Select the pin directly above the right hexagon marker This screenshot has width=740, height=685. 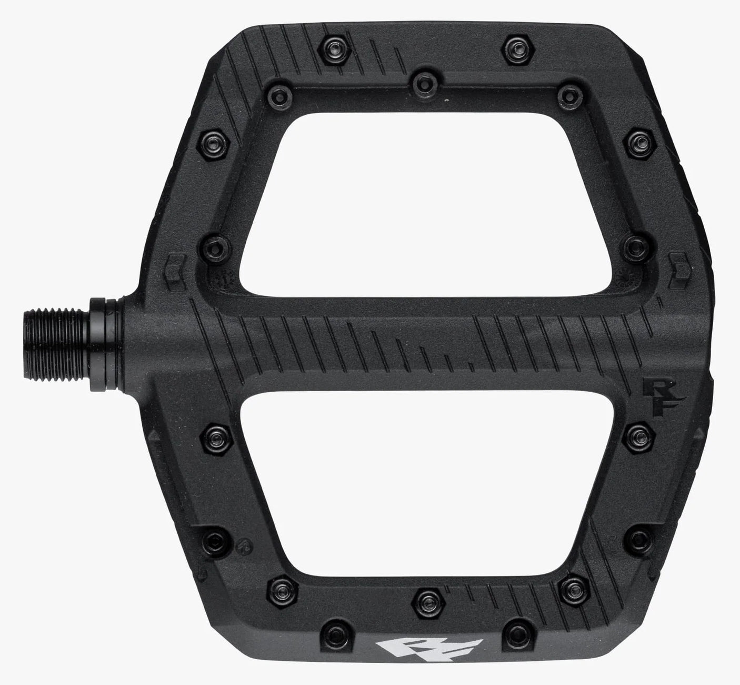click(x=635, y=245)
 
